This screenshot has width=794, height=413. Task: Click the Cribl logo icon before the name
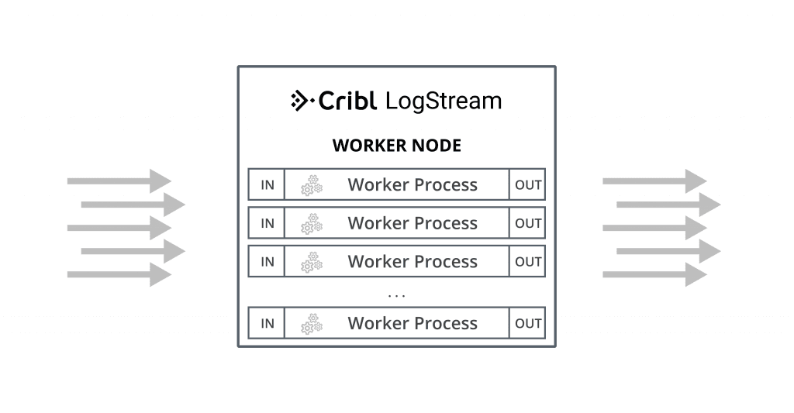pos(300,101)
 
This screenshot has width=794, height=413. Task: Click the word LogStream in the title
pos(443,101)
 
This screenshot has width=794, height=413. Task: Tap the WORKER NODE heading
pos(396,146)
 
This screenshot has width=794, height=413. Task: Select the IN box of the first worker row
pos(267,184)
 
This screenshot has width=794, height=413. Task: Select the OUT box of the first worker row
pos(528,184)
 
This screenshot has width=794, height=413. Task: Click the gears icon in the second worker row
pos(311,223)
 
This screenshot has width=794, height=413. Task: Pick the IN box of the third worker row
pos(267,262)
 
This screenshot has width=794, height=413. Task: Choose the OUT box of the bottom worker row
pos(528,323)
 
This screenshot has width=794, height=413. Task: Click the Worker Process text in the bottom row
pos(413,323)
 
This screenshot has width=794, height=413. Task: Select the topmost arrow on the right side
pos(654,181)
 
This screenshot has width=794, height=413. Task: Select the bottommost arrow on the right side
pos(654,274)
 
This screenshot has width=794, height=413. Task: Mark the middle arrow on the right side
pos(654,228)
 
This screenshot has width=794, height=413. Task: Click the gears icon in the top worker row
pos(311,184)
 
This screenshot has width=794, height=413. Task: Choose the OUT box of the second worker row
pos(528,223)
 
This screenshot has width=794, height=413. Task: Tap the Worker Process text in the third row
pos(413,262)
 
